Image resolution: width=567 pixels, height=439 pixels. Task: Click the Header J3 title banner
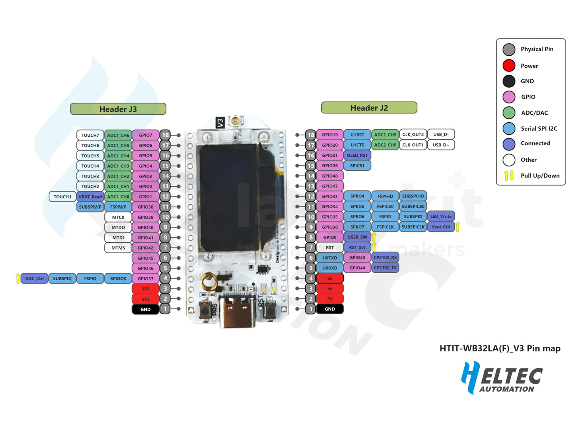pos(118,109)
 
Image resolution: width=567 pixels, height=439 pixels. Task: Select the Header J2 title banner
pos(369,108)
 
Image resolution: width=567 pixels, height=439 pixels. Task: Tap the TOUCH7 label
pos(90,135)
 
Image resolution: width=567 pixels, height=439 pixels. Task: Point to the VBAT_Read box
pos(90,197)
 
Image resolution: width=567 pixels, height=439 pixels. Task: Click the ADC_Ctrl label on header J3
pos(34,279)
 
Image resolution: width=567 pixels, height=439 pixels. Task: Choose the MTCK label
pos(118,217)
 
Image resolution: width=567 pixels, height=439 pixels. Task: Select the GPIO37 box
pos(145,279)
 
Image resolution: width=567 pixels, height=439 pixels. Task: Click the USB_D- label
pos(441,134)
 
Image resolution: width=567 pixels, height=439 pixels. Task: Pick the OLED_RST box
pos(357,155)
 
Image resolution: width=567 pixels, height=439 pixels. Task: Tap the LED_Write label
pos(441,216)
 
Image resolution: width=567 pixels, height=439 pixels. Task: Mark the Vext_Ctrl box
pos(441,227)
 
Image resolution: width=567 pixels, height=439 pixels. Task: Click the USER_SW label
pos(357,237)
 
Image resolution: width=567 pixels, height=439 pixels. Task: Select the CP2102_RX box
pos(385,257)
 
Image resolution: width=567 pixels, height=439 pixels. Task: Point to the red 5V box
pos(330,298)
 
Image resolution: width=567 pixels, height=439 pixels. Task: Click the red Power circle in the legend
pos(509,66)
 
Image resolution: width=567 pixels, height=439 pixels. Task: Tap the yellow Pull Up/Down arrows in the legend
pos(509,175)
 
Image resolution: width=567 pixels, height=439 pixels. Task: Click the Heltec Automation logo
pos(502,377)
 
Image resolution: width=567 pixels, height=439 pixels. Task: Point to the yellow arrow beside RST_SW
pos(374,247)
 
